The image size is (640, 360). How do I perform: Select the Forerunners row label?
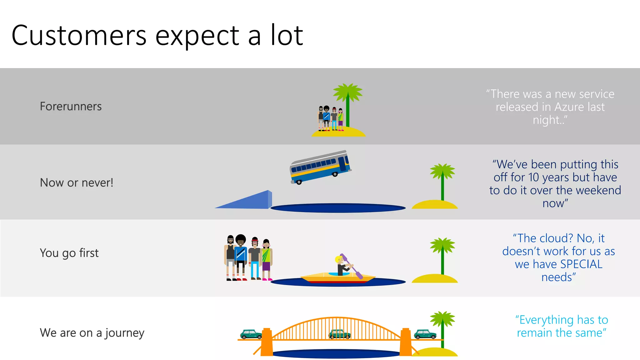(x=71, y=107)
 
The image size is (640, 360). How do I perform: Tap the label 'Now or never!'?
(x=77, y=182)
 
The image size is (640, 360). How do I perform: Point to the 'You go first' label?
(x=69, y=253)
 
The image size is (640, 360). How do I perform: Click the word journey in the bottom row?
(x=125, y=333)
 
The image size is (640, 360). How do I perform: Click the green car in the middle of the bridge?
(x=339, y=334)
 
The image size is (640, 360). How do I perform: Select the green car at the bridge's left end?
(x=251, y=334)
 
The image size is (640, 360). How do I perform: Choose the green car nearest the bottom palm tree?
(x=425, y=334)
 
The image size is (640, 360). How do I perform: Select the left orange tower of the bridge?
(x=267, y=342)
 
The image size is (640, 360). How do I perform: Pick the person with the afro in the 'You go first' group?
(x=240, y=256)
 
